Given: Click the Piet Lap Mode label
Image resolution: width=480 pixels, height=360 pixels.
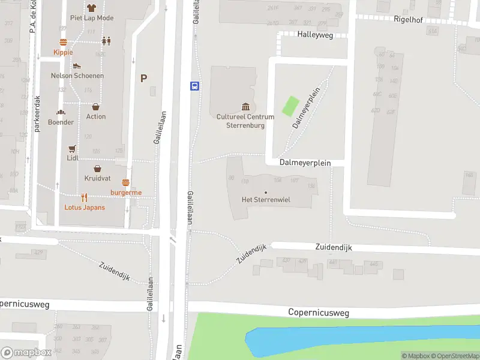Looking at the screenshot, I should point(91,18).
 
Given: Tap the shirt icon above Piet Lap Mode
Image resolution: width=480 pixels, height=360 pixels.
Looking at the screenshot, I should point(91,8).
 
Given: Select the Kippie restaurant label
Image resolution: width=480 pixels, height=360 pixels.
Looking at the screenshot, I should point(63,52).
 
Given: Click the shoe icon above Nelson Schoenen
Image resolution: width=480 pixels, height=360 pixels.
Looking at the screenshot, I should point(77,66).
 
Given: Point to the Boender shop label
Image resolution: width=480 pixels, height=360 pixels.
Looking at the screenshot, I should point(61,122).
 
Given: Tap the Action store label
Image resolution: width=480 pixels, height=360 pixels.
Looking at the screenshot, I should point(96,116).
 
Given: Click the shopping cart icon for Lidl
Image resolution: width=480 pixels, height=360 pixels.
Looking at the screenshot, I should point(73,148).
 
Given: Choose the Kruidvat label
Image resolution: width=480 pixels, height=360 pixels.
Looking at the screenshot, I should point(97,179).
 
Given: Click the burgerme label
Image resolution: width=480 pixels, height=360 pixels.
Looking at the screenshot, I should point(126,192).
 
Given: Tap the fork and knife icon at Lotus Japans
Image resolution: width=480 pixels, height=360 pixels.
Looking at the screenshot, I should point(85,197).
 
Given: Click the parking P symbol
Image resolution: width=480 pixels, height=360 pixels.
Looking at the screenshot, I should point(143,78).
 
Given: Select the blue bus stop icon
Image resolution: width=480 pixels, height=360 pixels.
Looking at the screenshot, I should point(195,86).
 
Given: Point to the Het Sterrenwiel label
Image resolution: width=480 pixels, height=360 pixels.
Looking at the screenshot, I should point(266,200).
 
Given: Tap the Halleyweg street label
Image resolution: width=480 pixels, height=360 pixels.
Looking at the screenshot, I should point(315,35).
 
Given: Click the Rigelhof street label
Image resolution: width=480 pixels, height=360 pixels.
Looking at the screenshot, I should point(409,20).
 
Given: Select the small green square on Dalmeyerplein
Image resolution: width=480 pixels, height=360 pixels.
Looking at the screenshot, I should point(290,106).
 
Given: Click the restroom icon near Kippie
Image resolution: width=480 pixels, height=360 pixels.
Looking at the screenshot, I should point(106,41).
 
